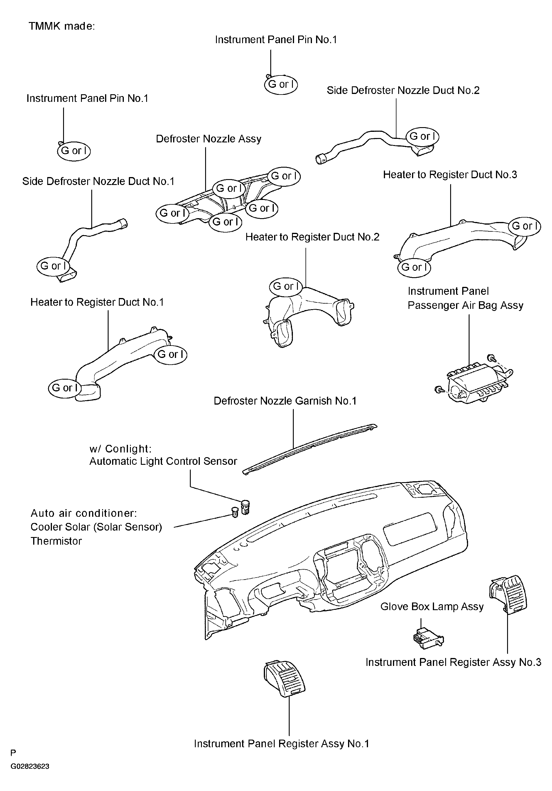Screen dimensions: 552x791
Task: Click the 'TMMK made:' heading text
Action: pyautogui.click(x=62, y=26)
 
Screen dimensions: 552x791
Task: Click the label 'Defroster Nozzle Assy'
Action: pyautogui.click(x=209, y=139)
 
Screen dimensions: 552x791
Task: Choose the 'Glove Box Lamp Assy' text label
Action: pyautogui.click(x=432, y=606)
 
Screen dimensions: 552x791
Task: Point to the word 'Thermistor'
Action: pyautogui.click(x=56, y=541)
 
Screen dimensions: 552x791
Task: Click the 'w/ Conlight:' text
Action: pyautogui.click(x=121, y=449)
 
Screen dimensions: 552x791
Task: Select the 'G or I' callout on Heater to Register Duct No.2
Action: pyautogui.click(x=286, y=287)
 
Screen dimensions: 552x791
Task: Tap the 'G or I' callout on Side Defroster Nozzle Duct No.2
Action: pyautogui.click(x=423, y=137)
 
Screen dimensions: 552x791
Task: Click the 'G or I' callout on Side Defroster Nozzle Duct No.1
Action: pyautogui.click(x=53, y=266)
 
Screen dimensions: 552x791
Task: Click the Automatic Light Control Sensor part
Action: pyautogui.click(x=245, y=507)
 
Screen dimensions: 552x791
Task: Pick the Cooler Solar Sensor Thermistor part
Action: pyautogui.click(x=234, y=512)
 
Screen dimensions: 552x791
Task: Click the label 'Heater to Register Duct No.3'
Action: pyautogui.click(x=450, y=175)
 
